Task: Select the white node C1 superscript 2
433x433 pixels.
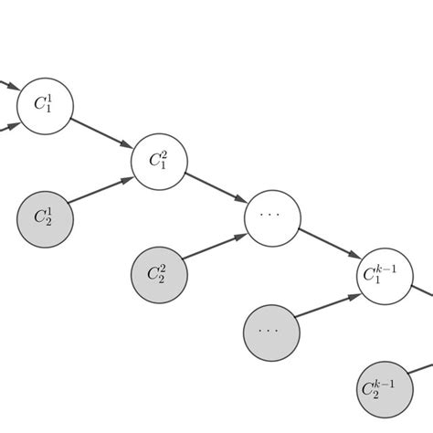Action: click(159, 162)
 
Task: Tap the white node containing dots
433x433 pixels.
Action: click(272, 217)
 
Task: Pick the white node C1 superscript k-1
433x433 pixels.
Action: click(385, 274)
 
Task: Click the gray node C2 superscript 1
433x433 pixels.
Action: click(45, 217)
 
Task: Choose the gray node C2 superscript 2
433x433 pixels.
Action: click(159, 274)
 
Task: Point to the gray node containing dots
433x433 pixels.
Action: click(271, 330)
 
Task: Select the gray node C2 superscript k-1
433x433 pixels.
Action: click(385, 387)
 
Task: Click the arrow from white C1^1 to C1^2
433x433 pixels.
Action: click(101, 132)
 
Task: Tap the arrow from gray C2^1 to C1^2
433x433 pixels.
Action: click(101, 190)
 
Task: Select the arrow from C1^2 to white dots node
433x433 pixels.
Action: click(216, 189)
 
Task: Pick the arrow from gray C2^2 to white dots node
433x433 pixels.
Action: click(216, 247)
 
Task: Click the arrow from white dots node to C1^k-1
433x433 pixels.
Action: click(328, 246)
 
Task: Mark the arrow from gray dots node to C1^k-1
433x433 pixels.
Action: click(328, 303)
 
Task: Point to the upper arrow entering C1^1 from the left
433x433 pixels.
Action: click(7, 85)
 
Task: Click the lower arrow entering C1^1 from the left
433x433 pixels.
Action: click(7, 125)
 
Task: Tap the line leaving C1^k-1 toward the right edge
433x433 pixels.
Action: click(421, 292)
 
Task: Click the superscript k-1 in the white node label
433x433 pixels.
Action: click(389, 267)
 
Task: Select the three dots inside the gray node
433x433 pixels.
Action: click(271, 331)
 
